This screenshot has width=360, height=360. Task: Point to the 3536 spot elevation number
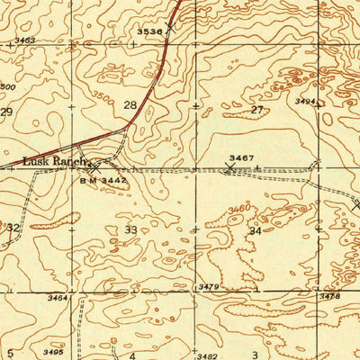pyautogui.click(x=148, y=31)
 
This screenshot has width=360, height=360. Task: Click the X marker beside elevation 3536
pyautogui.click(x=167, y=27)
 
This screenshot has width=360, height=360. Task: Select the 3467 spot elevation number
pyautogui.click(x=238, y=158)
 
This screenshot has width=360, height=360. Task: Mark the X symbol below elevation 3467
pyautogui.click(x=230, y=167)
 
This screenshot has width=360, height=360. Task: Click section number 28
pyautogui.click(x=130, y=105)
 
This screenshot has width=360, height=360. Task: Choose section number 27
pyautogui.click(x=257, y=110)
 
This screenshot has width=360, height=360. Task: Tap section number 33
pyautogui.click(x=131, y=230)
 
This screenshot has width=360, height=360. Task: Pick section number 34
pyautogui.click(x=256, y=231)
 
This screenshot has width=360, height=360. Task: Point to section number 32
pyautogui.click(x=13, y=229)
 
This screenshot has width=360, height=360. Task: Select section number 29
pyautogui.click(x=6, y=112)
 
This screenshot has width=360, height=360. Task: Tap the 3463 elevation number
pyautogui.click(x=25, y=40)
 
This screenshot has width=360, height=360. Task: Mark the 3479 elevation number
pyautogui.click(x=209, y=287)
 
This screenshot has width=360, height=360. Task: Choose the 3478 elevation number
pyautogui.click(x=330, y=295)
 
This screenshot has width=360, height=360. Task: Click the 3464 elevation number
pyautogui.click(x=58, y=297)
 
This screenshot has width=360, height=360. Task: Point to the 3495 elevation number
pyautogui.click(x=51, y=352)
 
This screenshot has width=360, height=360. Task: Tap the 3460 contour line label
pyautogui.click(x=238, y=210)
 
